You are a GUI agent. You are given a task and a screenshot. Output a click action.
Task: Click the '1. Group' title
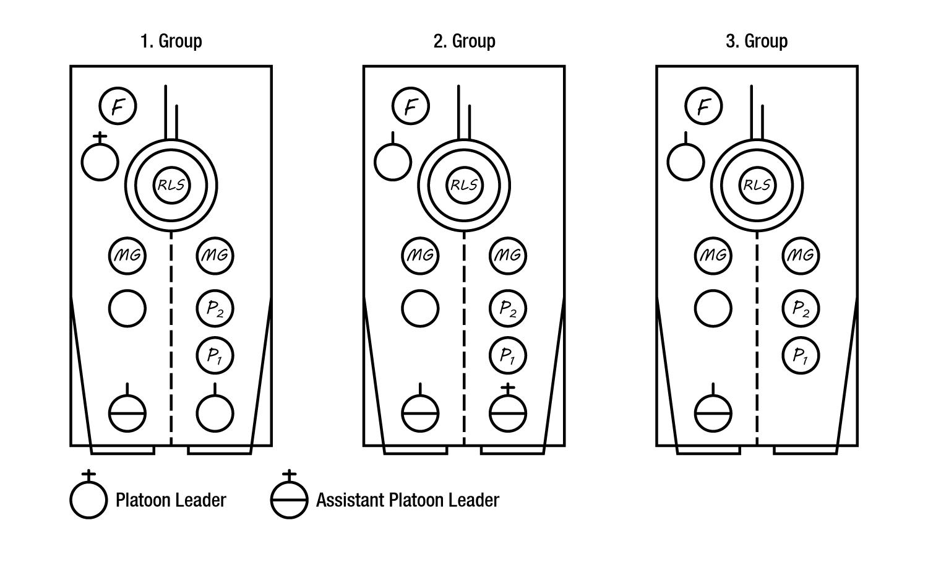point(171,41)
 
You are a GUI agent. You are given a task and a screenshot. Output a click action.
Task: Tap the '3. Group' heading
point(757,41)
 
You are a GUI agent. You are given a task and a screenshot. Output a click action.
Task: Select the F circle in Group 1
point(118,106)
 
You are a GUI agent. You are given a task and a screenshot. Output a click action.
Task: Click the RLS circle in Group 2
point(465,185)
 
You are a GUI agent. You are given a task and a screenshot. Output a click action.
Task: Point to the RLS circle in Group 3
point(757,185)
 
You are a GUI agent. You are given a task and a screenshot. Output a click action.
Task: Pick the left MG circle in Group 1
point(127,256)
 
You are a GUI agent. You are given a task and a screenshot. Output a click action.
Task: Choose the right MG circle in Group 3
point(801,256)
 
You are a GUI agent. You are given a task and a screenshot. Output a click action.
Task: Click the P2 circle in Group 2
point(508,308)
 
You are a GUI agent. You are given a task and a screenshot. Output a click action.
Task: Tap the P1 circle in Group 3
point(801,356)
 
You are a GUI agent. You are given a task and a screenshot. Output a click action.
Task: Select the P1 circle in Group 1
point(215,356)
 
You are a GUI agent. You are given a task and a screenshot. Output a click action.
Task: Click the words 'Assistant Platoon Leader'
point(408,500)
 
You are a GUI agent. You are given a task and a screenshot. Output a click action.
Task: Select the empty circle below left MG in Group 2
point(420,308)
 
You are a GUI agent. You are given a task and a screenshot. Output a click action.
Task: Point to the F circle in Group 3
point(703,106)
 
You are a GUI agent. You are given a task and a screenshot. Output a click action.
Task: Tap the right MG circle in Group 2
point(508,256)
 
